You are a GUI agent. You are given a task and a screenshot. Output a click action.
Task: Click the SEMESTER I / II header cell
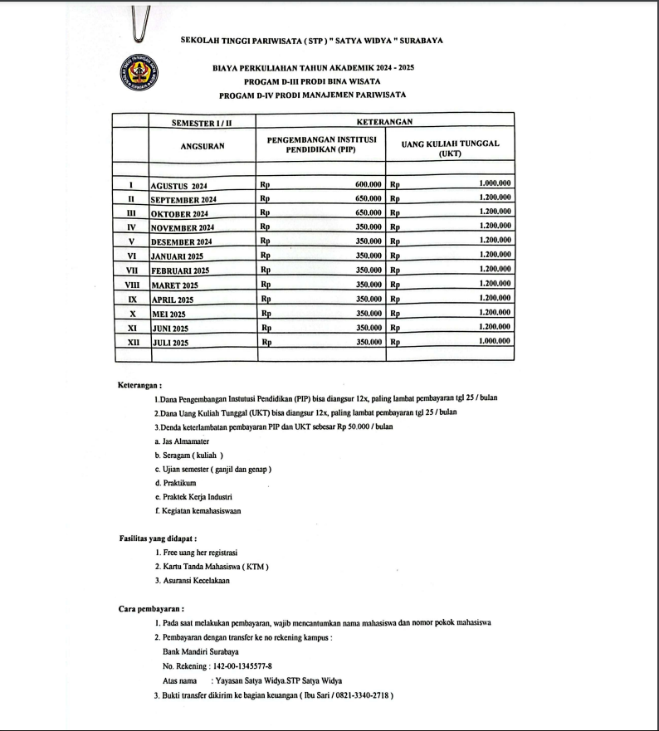202,122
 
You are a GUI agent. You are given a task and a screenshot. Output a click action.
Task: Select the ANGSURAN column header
203,145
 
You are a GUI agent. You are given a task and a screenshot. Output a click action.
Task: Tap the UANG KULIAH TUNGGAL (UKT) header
450,148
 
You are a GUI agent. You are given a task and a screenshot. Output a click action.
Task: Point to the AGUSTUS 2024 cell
180,186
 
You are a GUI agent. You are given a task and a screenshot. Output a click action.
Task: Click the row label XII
131,342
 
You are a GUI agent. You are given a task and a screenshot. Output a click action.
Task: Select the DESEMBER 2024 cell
182,241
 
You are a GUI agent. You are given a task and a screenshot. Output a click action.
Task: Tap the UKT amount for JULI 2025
495,341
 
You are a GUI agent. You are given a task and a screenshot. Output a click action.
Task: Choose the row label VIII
131,285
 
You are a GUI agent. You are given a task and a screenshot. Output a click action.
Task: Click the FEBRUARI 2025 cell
180,270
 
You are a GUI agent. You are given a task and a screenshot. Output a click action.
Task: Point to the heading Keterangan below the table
139,384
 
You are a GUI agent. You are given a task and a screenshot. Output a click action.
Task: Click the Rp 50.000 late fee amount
354,426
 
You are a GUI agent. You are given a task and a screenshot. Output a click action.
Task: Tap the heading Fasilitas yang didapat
152,539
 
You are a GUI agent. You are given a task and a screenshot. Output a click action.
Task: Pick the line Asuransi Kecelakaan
193,580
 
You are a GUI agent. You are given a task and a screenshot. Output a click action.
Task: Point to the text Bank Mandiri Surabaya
200,651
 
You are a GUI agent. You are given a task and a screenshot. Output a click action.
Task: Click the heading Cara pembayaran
151,608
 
